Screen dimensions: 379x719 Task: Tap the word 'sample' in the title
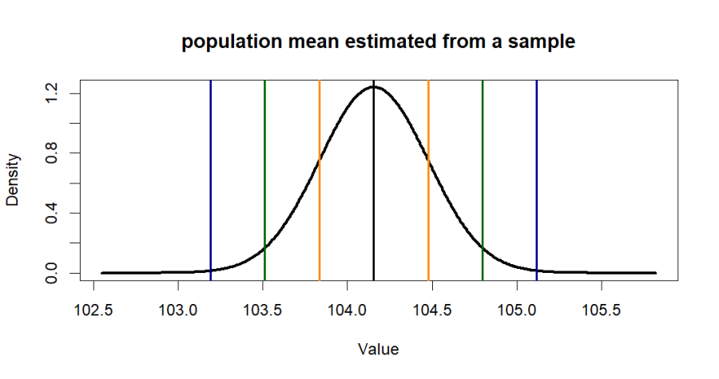pos(542,43)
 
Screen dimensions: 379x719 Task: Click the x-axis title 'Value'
pos(379,349)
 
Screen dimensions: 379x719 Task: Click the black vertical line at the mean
pos(374,199)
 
